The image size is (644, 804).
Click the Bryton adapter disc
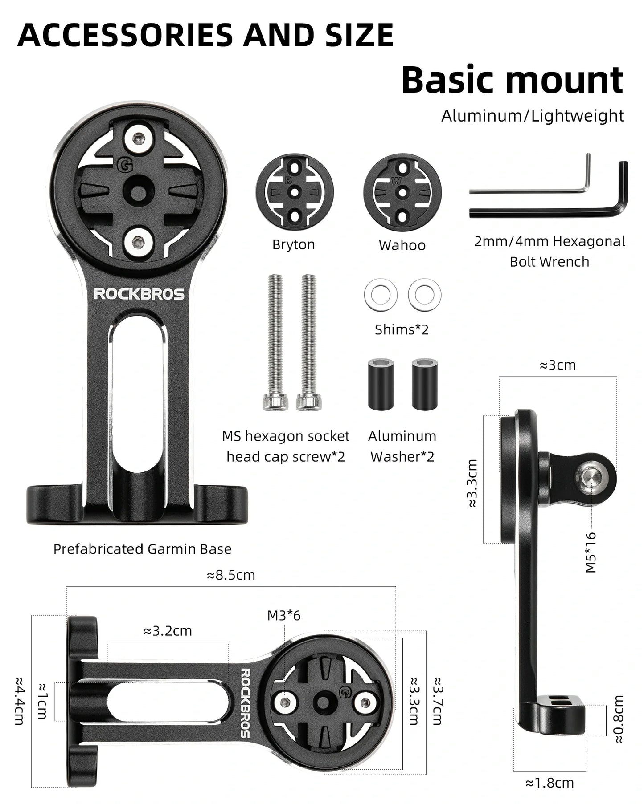(295, 192)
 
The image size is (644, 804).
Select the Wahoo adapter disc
(402, 192)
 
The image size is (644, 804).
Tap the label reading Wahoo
(402, 245)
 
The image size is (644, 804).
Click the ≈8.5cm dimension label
(231, 575)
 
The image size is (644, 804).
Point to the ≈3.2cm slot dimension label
(168, 631)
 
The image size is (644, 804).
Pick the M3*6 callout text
(284, 616)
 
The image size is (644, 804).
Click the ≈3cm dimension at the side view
(558, 365)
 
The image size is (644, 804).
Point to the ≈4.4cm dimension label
(19, 701)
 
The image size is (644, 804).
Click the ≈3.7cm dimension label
(437, 701)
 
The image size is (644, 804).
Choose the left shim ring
(381, 295)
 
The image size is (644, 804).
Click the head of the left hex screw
(273, 402)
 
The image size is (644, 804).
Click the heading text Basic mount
(512, 80)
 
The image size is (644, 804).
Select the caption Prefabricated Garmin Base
(142, 549)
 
